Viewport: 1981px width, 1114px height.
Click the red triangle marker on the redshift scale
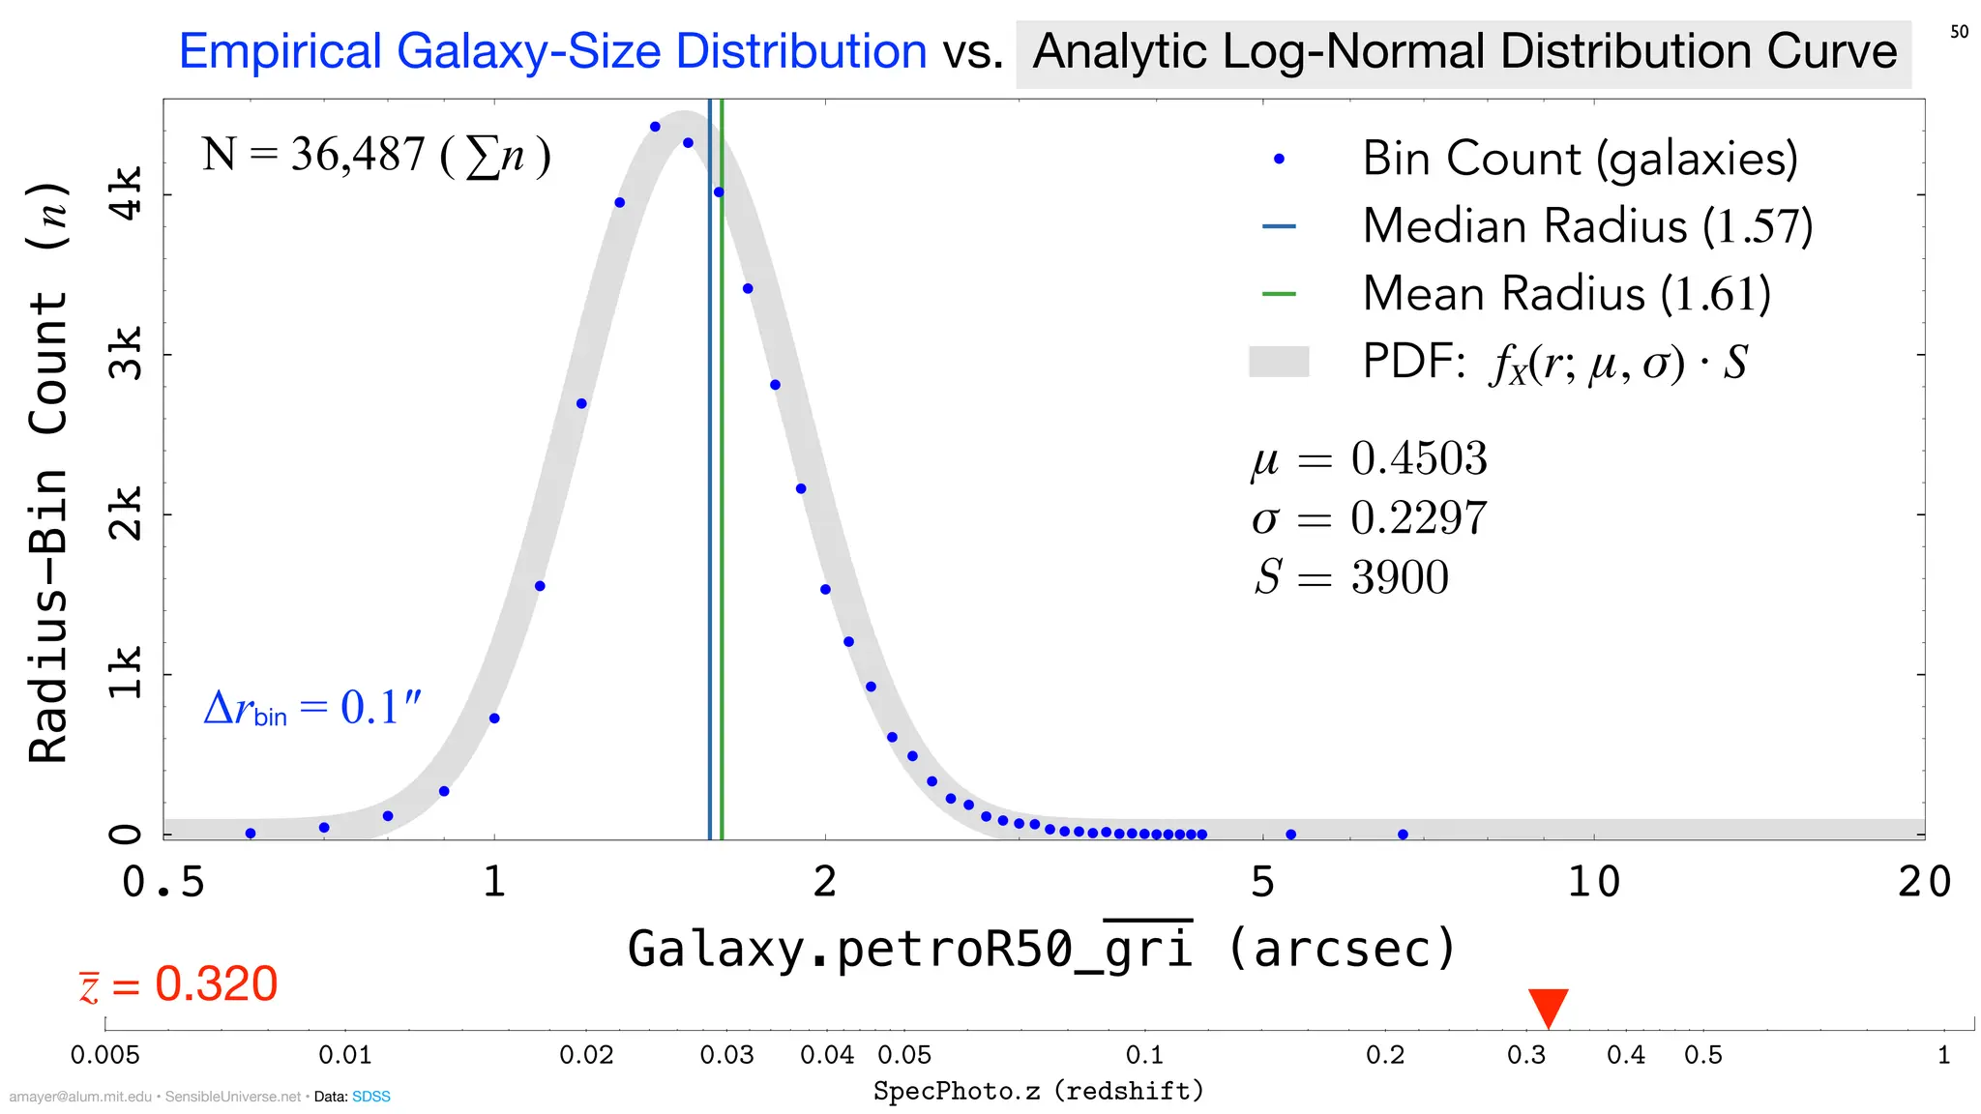coord(1548,1007)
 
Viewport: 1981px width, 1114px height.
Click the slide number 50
coord(1959,32)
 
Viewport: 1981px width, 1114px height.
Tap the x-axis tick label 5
coord(1263,882)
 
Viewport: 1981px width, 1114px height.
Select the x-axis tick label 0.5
coord(163,882)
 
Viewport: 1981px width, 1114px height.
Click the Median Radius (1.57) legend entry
coord(1586,226)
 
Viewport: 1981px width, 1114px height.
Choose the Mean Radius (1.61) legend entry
coord(1566,294)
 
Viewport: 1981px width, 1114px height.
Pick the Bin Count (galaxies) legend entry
coord(1580,159)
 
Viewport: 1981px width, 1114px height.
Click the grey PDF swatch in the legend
coord(1279,362)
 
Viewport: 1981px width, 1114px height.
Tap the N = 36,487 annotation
coord(375,155)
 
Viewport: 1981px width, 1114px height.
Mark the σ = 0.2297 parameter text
coord(1369,518)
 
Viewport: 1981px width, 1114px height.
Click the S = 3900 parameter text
coord(1351,577)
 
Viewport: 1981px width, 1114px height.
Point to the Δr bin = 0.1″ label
coord(312,708)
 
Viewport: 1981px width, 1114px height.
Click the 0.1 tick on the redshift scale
coord(1144,1054)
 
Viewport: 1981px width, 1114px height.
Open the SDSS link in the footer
coord(371,1097)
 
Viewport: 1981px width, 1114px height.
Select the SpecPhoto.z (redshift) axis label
coord(1039,1091)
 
